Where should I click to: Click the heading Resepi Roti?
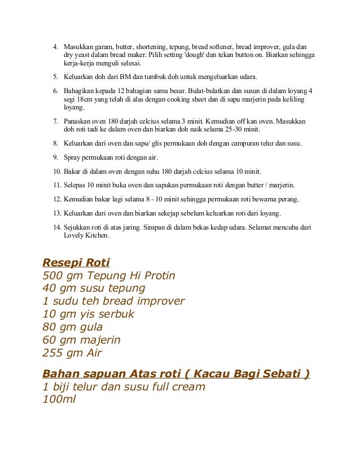point(76,262)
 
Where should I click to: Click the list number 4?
point(56,46)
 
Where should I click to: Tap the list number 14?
point(56,227)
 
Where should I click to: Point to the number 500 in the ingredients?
point(52,276)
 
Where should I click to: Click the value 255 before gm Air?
point(52,353)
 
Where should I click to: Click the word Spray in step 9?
point(73,157)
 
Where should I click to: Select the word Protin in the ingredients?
point(157,276)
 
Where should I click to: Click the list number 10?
point(56,171)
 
